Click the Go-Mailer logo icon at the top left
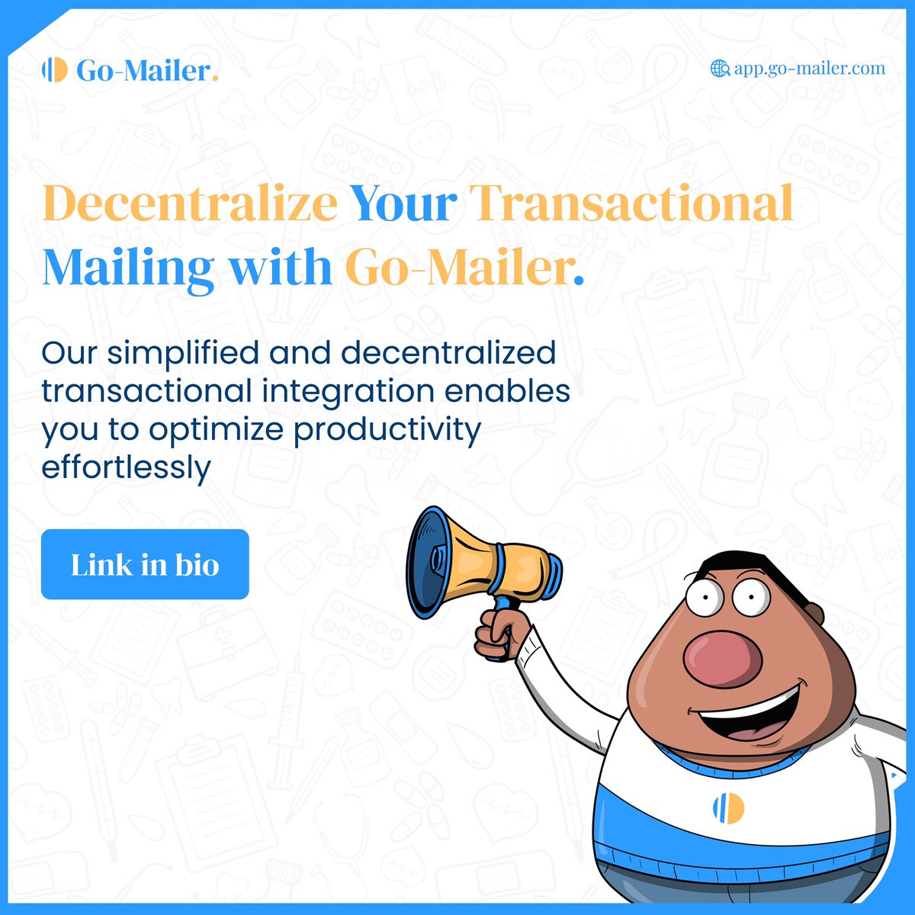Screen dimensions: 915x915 [x=55, y=70]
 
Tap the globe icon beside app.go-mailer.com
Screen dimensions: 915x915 [x=719, y=69]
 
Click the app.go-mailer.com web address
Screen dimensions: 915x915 [x=809, y=69]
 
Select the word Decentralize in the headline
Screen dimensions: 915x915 [x=190, y=204]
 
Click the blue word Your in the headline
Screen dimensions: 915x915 [x=403, y=204]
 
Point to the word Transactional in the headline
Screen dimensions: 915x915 [x=631, y=204]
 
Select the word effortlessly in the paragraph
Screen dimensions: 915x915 [x=126, y=467]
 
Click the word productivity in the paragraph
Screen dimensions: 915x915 [x=387, y=429]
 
